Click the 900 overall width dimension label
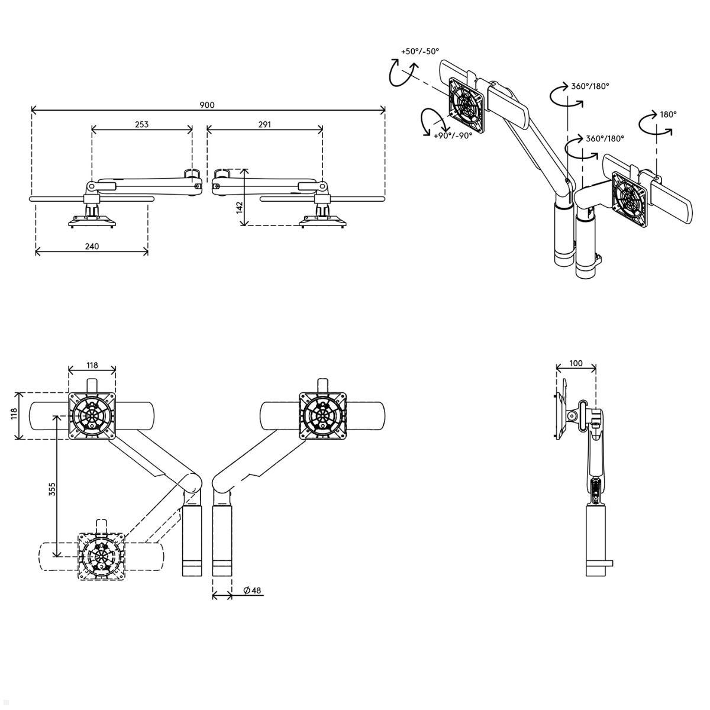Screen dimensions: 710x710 (207, 105)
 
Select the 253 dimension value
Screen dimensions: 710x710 (141, 124)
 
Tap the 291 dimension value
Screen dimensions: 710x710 (264, 124)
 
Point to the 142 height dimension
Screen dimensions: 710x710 (240, 208)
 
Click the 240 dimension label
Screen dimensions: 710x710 (92, 246)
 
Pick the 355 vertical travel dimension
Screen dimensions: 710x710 (52, 489)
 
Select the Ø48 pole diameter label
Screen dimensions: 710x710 (252, 601)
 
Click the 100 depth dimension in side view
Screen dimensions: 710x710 (576, 363)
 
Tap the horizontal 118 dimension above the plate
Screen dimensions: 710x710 (92, 365)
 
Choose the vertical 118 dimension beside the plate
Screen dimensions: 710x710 (14, 414)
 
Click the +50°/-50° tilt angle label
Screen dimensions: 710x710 (421, 51)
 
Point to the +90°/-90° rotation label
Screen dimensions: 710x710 (453, 136)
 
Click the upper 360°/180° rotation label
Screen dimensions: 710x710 (590, 86)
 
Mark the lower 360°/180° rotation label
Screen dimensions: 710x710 (605, 139)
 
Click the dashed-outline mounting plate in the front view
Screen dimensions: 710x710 (101, 556)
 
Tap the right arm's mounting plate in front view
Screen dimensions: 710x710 (323, 415)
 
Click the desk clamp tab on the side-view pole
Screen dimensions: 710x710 (610, 574)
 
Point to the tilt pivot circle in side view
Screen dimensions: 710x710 (572, 416)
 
